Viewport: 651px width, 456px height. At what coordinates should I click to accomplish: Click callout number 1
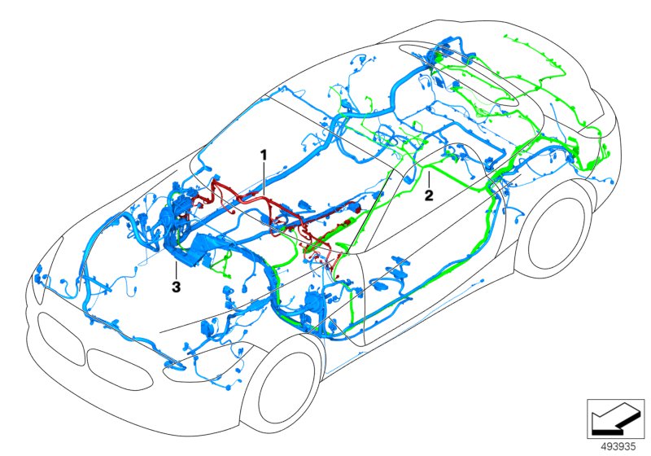tap(263, 153)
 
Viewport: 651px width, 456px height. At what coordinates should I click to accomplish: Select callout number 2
tap(427, 195)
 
